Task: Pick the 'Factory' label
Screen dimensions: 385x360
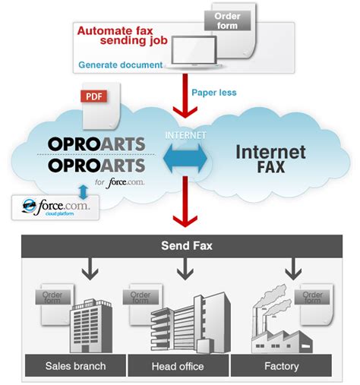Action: [x=281, y=365]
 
